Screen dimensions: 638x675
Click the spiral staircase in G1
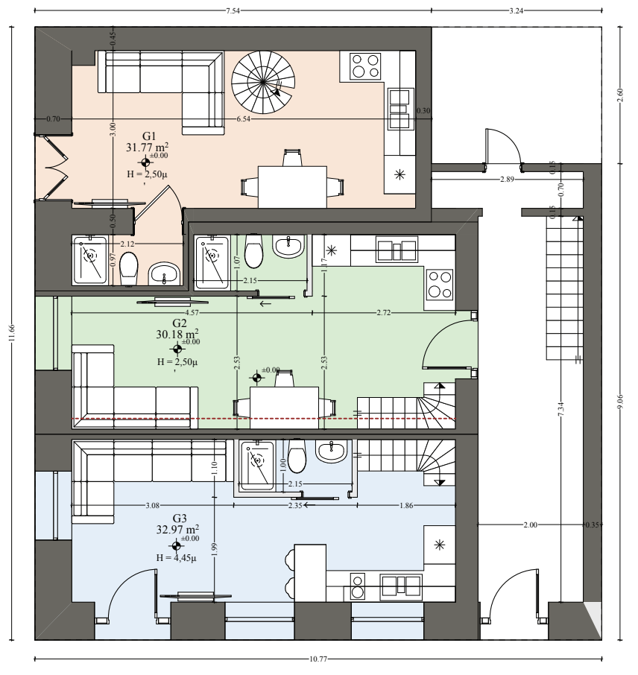point(264,82)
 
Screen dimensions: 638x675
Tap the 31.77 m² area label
point(147,147)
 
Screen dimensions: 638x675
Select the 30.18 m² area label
point(177,334)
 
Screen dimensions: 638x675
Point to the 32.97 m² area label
point(177,529)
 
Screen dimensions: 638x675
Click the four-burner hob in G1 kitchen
point(364,66)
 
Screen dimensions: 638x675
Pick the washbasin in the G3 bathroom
point(331,451)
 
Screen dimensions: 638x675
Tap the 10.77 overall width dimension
point(318,659)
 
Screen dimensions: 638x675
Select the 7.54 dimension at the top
point(233,11)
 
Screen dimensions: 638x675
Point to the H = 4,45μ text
point(176,558)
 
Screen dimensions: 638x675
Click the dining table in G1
point(292,187)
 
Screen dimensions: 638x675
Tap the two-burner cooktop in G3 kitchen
point(357,586)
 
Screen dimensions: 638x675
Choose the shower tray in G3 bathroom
point(257,466)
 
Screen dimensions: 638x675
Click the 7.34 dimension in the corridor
point(560,409)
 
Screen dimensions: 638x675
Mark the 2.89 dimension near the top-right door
point(507,179)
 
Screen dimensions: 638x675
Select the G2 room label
point(179,323)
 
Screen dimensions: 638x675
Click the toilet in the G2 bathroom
point(253,251)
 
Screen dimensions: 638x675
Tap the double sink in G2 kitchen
point(397,250)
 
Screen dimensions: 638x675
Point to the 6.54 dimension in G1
point(244,118)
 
